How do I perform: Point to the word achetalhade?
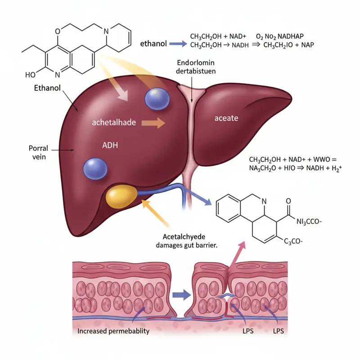point(114,122)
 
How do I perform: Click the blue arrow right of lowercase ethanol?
point(177,44)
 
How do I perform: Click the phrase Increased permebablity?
point(113,332)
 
